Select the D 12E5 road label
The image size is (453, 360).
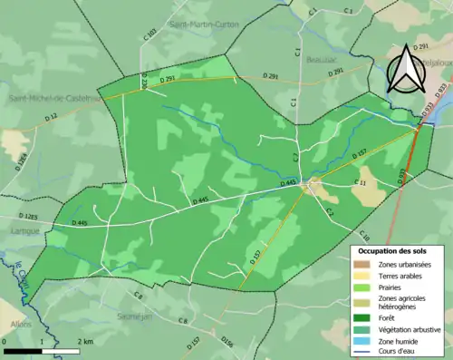(x=26, y=217)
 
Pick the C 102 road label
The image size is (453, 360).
(x=150, y=38)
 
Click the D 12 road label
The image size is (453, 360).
(x=49, y=117)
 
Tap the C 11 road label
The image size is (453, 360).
(x=358, y=183)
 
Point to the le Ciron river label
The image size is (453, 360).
(x=19, y=277)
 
